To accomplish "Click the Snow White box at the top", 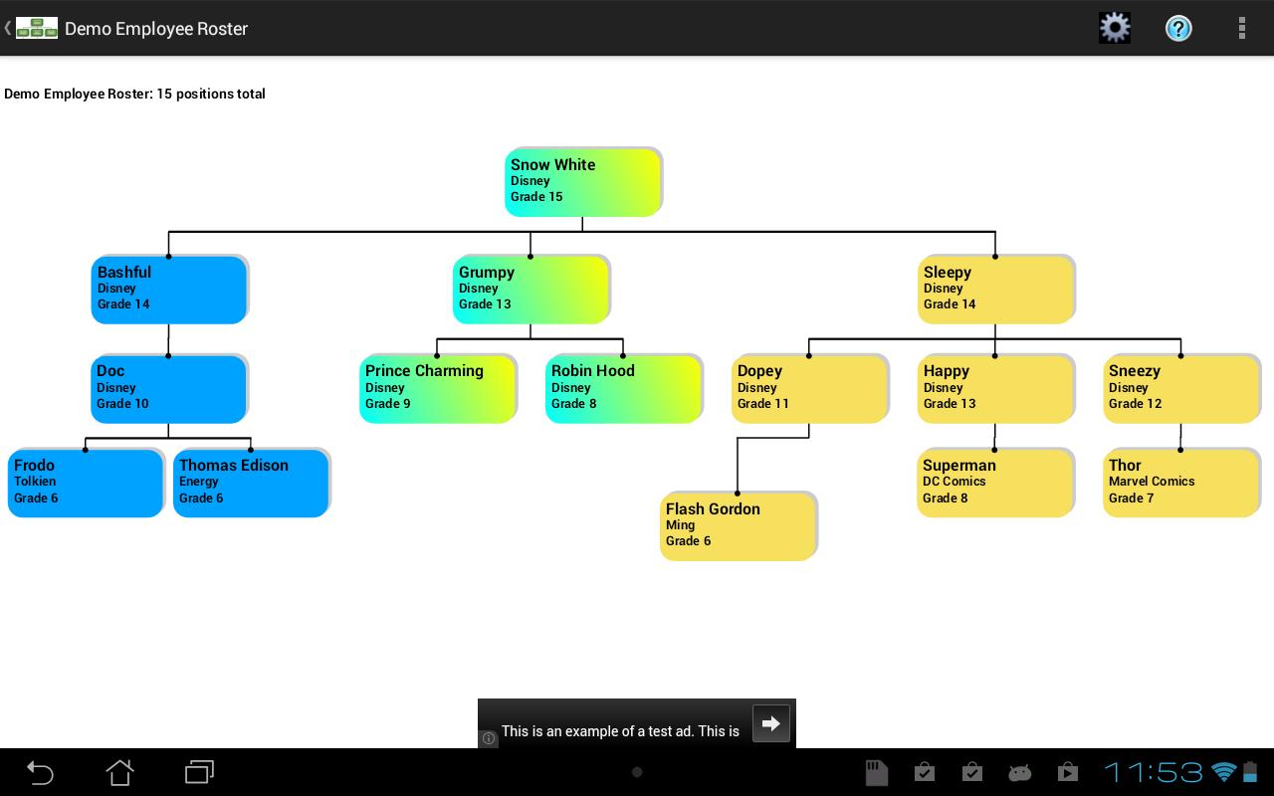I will [x=582, y=181].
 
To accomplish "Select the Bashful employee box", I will [x=168, y=289].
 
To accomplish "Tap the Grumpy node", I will [x=531, y=289].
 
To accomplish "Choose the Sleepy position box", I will [x=995, y=289].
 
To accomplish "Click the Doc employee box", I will [x=168, y=388].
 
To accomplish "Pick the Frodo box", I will [x=86, y=483].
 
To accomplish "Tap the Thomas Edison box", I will [x=251, y=483].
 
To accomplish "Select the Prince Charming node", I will [x=437, y=388].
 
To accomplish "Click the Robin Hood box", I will [x=623, y=388].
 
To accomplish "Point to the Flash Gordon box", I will [x=738, y=525].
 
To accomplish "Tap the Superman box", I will [x=994, y=483].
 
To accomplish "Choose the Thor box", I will [x=1180, y=483].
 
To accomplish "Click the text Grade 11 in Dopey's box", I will [x=763, y=404].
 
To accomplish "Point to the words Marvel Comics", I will [x=1152, y=482].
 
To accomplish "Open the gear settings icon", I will [x=1115, y=28].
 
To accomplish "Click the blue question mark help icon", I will [x=1178, y=28].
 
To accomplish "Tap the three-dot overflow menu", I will [x=1241, y=28].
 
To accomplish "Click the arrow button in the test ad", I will [x=771, y=723].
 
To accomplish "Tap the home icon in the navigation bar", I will [x=119, y=772].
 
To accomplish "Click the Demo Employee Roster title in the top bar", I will [x=156, y=29].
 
